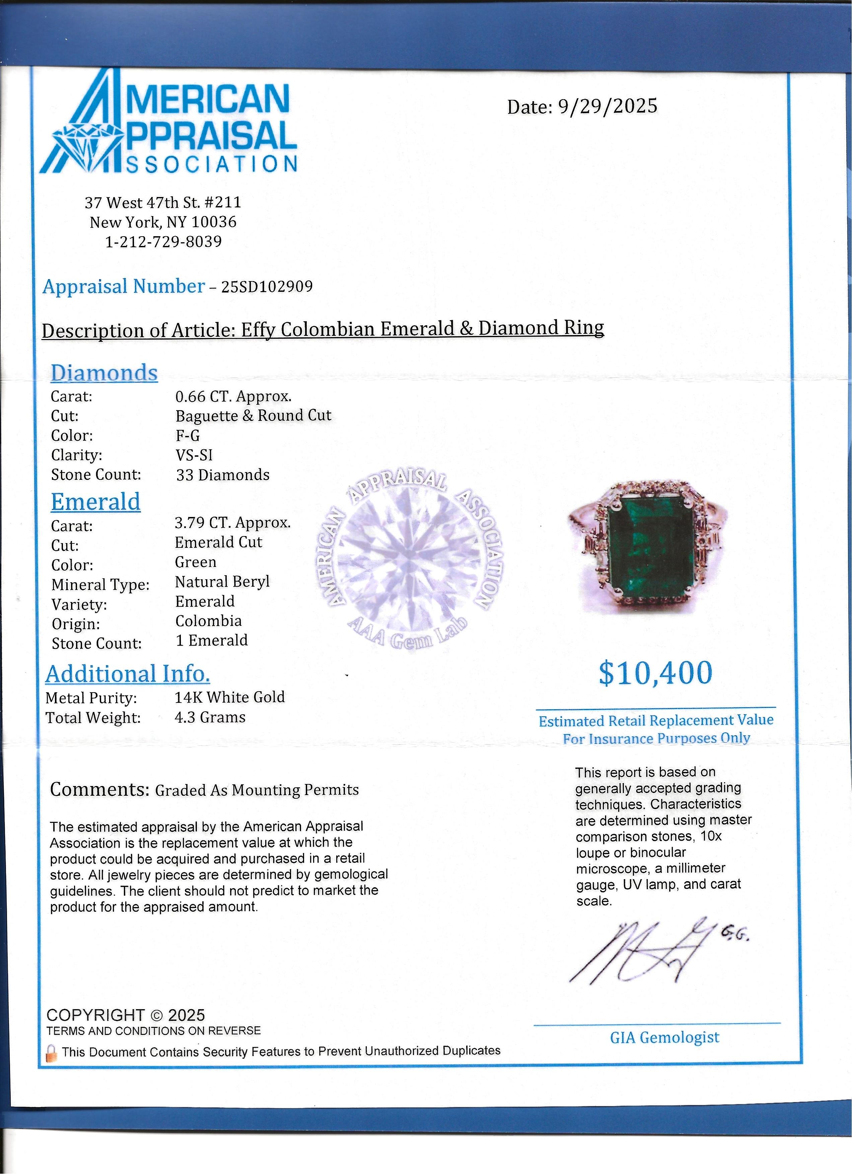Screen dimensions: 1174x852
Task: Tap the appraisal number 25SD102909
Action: pos(267,286)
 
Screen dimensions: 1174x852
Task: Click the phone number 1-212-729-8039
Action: pos(163,242)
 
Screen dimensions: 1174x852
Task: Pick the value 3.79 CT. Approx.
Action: pos(233,522)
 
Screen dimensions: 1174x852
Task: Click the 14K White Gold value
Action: pos(230,697)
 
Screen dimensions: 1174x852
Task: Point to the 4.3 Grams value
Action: pos(210,717)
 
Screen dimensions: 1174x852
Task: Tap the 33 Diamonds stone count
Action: pos(222,475)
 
